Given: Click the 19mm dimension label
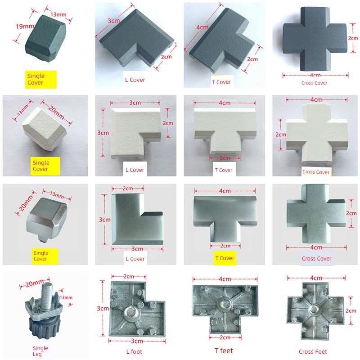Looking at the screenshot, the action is (x=25, y=27).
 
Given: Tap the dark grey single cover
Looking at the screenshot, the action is (x=45, y=38).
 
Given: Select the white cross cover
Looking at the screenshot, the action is (x=317, y=135).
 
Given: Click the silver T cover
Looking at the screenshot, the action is (x=225, y=217).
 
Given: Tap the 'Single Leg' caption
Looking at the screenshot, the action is (x=40, y=351).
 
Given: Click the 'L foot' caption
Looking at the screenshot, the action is (x=134, y=351).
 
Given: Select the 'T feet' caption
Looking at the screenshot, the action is (x=224, y=351).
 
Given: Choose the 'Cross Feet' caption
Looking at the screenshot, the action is (x=313, y=351).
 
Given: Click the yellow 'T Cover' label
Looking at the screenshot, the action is (x=225, y=258).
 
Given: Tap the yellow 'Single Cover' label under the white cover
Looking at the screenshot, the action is (x=45, y=166).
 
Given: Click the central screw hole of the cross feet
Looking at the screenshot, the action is (x=314, y=309).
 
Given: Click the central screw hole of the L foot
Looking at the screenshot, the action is (x=130, y=313).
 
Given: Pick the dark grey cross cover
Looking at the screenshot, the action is (x=315, y=39).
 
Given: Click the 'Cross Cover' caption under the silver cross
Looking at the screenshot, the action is (x=317, y=258).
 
